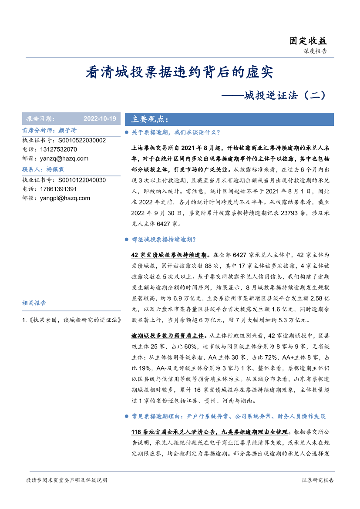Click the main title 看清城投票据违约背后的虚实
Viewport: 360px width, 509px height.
tap(179, 72)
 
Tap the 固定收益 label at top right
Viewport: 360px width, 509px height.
tap(308, 41)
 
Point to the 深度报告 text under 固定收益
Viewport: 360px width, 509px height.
tap(315, 51)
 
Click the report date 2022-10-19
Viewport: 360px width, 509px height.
tap(100, 119)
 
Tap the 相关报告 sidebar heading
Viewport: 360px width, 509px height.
tap(34, 303)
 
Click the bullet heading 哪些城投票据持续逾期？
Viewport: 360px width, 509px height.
tap(163, 239)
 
